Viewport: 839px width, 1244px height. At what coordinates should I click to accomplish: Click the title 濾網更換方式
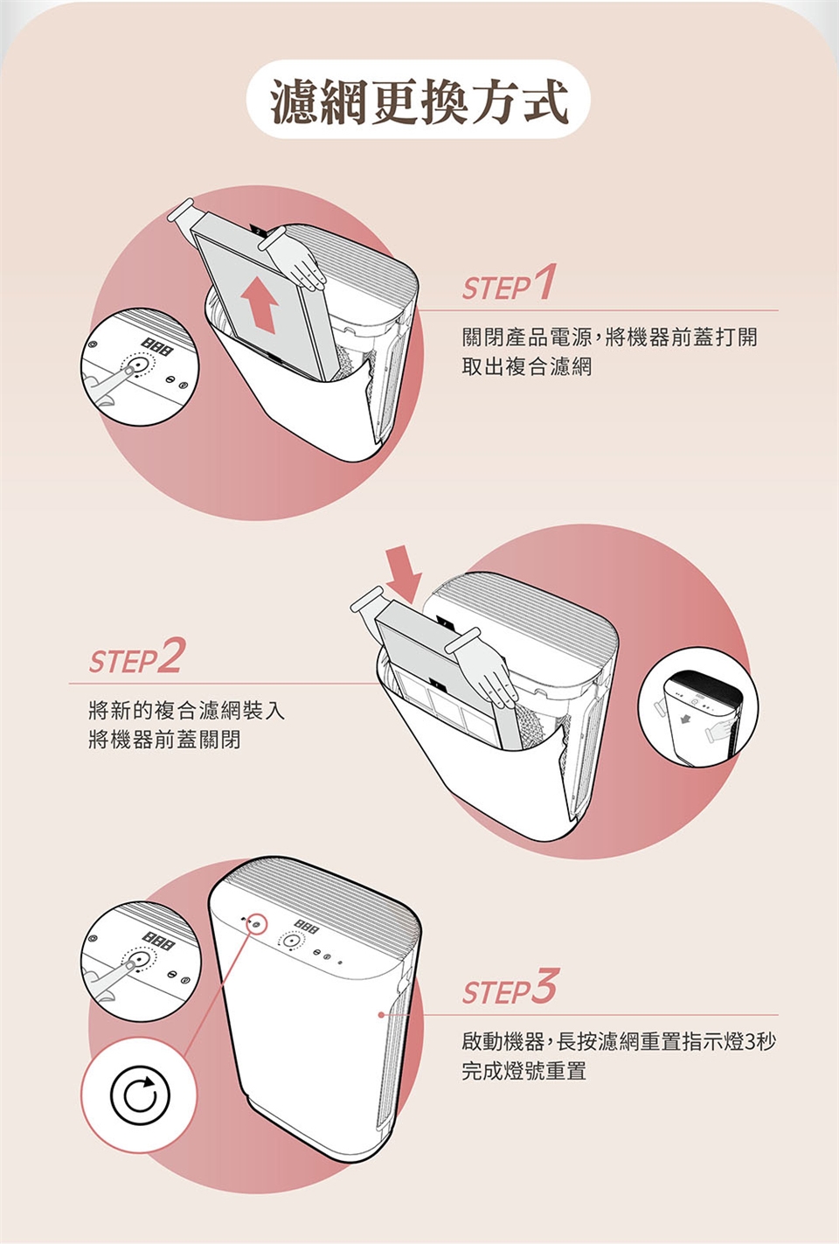coord(419,101)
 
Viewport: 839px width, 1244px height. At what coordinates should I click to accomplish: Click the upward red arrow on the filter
coord(260,305)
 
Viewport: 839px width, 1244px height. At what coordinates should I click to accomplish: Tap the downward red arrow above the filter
coord(404,573)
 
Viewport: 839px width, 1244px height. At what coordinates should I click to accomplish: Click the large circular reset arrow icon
coord(139,1095)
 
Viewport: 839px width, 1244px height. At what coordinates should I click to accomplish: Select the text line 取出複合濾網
coord(526,366)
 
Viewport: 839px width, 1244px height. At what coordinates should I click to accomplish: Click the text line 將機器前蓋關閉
coord(164,740)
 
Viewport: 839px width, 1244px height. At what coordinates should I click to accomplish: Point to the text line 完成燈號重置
coord(524,1071)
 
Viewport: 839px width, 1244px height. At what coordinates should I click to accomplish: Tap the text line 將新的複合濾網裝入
coord(186,710)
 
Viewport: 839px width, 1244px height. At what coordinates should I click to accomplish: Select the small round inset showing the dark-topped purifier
coord(698,707)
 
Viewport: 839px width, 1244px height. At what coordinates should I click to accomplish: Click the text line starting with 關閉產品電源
coord(610,337)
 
